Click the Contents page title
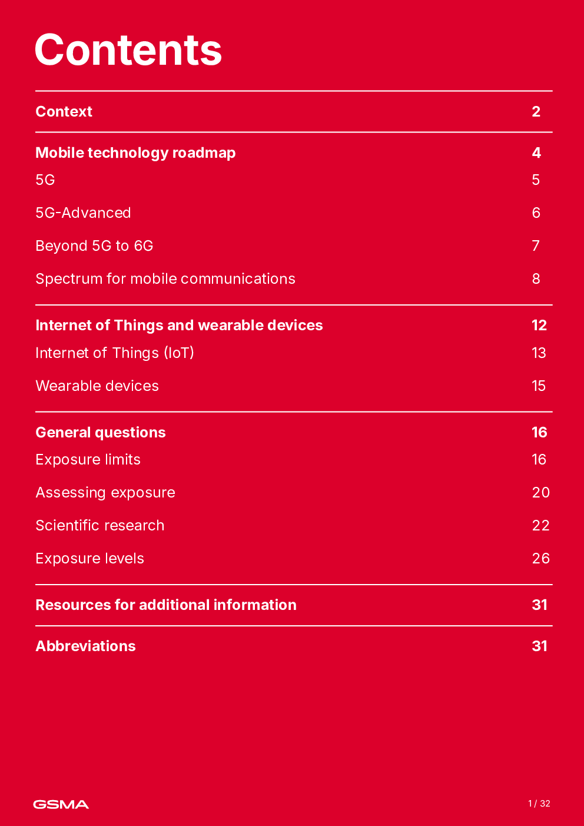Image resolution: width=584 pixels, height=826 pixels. click(x=128, y=50)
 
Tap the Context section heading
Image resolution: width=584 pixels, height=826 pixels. click(x=64, y=112)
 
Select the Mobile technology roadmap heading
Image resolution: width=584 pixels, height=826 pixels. click(x=135, y=153)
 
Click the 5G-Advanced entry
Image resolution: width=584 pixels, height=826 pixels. click(x=83, y=213)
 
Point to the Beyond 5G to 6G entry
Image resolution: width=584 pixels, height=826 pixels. click(x=94, y=246)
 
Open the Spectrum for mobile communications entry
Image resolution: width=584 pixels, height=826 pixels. click(x=165, y=279)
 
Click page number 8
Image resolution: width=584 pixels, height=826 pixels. click(x=536, y=279)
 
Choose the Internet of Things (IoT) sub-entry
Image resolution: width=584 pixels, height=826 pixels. click(x=115, y=353)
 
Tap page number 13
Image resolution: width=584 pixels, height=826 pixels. click(x=539, y=353)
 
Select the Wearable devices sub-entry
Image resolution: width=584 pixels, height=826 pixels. click(x=97, y=386)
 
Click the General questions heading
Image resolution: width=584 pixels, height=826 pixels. click(x=101, y=433)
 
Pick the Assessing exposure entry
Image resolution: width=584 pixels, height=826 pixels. click(x=105, y=493)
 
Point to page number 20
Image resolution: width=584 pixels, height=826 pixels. click(x=540, y=493)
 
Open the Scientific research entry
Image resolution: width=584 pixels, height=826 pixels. click(x=100, y=526)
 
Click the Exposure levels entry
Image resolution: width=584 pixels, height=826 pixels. click(x=89, y=559)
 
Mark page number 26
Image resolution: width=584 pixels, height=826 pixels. click(x=540, y=559)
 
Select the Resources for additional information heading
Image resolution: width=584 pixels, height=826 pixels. click(x=166, y=605)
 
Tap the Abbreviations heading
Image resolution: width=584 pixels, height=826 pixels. click(x=85, y=646)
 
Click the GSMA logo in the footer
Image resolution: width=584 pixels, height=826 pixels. click(x=61, y=804)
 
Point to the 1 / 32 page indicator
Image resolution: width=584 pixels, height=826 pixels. click(x=539, y=804)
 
